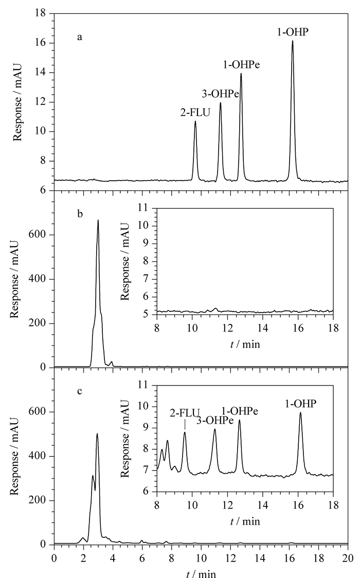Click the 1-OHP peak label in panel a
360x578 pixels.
(293, 32)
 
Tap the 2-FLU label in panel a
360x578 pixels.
(195, 112)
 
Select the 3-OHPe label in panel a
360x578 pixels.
(220, 94)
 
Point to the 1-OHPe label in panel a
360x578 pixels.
(241, 65)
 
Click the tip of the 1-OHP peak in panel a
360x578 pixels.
(293, 41)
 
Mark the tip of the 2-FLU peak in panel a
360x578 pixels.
(195, 121)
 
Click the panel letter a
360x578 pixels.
(80, 37)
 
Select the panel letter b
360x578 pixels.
(80, 214)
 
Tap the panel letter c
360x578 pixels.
(80, 391)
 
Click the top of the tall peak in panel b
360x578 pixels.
(98, 220)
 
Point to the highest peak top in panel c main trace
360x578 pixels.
(97, 433)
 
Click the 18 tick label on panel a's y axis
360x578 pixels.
(40, 13)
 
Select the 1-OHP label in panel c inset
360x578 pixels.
(301, 404)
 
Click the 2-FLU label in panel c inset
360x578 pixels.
(185, 412)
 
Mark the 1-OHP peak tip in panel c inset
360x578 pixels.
(300, 412)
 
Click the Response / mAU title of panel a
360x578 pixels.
(17, 102)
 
